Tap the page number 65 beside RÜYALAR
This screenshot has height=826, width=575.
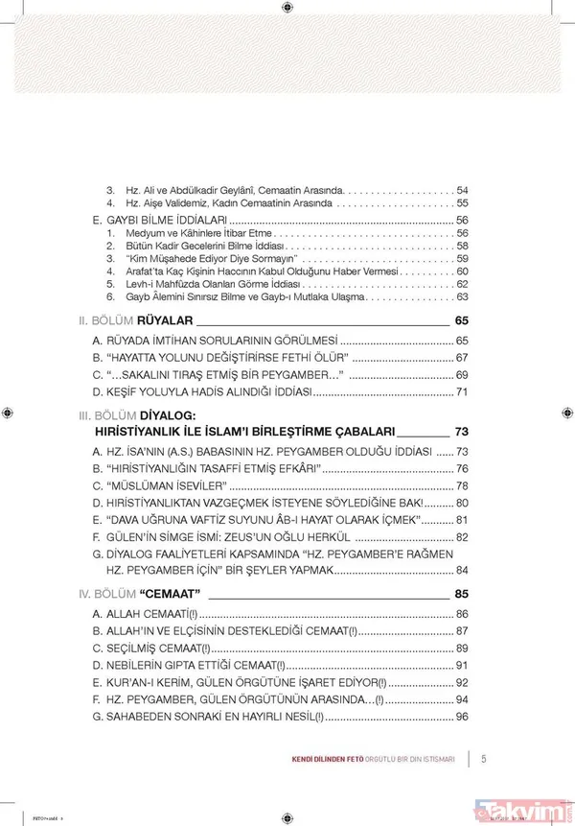point(461,319)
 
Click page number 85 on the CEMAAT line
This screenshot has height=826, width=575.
point(461,593)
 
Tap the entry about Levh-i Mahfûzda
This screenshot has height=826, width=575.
point(209,285)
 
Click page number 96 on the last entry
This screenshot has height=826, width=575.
point(461,717)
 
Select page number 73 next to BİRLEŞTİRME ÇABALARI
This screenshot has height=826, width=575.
point(461,431)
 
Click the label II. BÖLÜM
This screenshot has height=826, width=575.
point(105,319)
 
